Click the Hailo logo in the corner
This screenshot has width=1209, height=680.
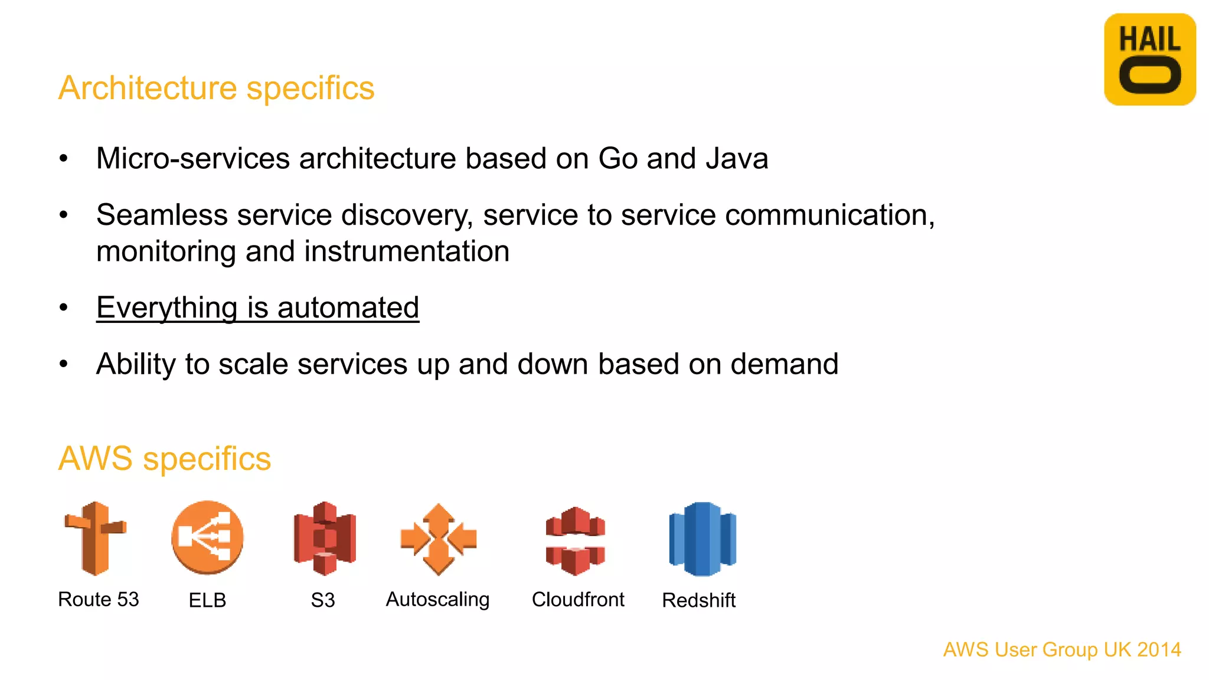(1149, 60)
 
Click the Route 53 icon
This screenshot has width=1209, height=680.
(95, 538)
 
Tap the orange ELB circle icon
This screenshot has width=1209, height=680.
(207, 537)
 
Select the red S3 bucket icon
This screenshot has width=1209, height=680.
(325, 538)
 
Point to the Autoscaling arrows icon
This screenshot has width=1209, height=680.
(438, 539)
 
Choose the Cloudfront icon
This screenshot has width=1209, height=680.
(576, 540)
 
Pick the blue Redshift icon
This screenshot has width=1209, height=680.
(702, 538)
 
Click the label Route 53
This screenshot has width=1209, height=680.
(99, 599)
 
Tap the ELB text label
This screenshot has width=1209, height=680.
(207, 600)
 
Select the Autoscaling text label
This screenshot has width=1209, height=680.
(437, 600)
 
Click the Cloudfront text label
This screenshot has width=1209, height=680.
(578, 600)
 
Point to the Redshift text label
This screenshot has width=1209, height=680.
(698, 600)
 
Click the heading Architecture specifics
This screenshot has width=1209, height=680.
(216, 89)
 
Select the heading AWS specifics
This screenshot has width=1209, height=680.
(165, 459)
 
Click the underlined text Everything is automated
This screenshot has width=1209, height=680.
(257, 308)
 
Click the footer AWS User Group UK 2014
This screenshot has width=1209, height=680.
(1062, 649)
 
